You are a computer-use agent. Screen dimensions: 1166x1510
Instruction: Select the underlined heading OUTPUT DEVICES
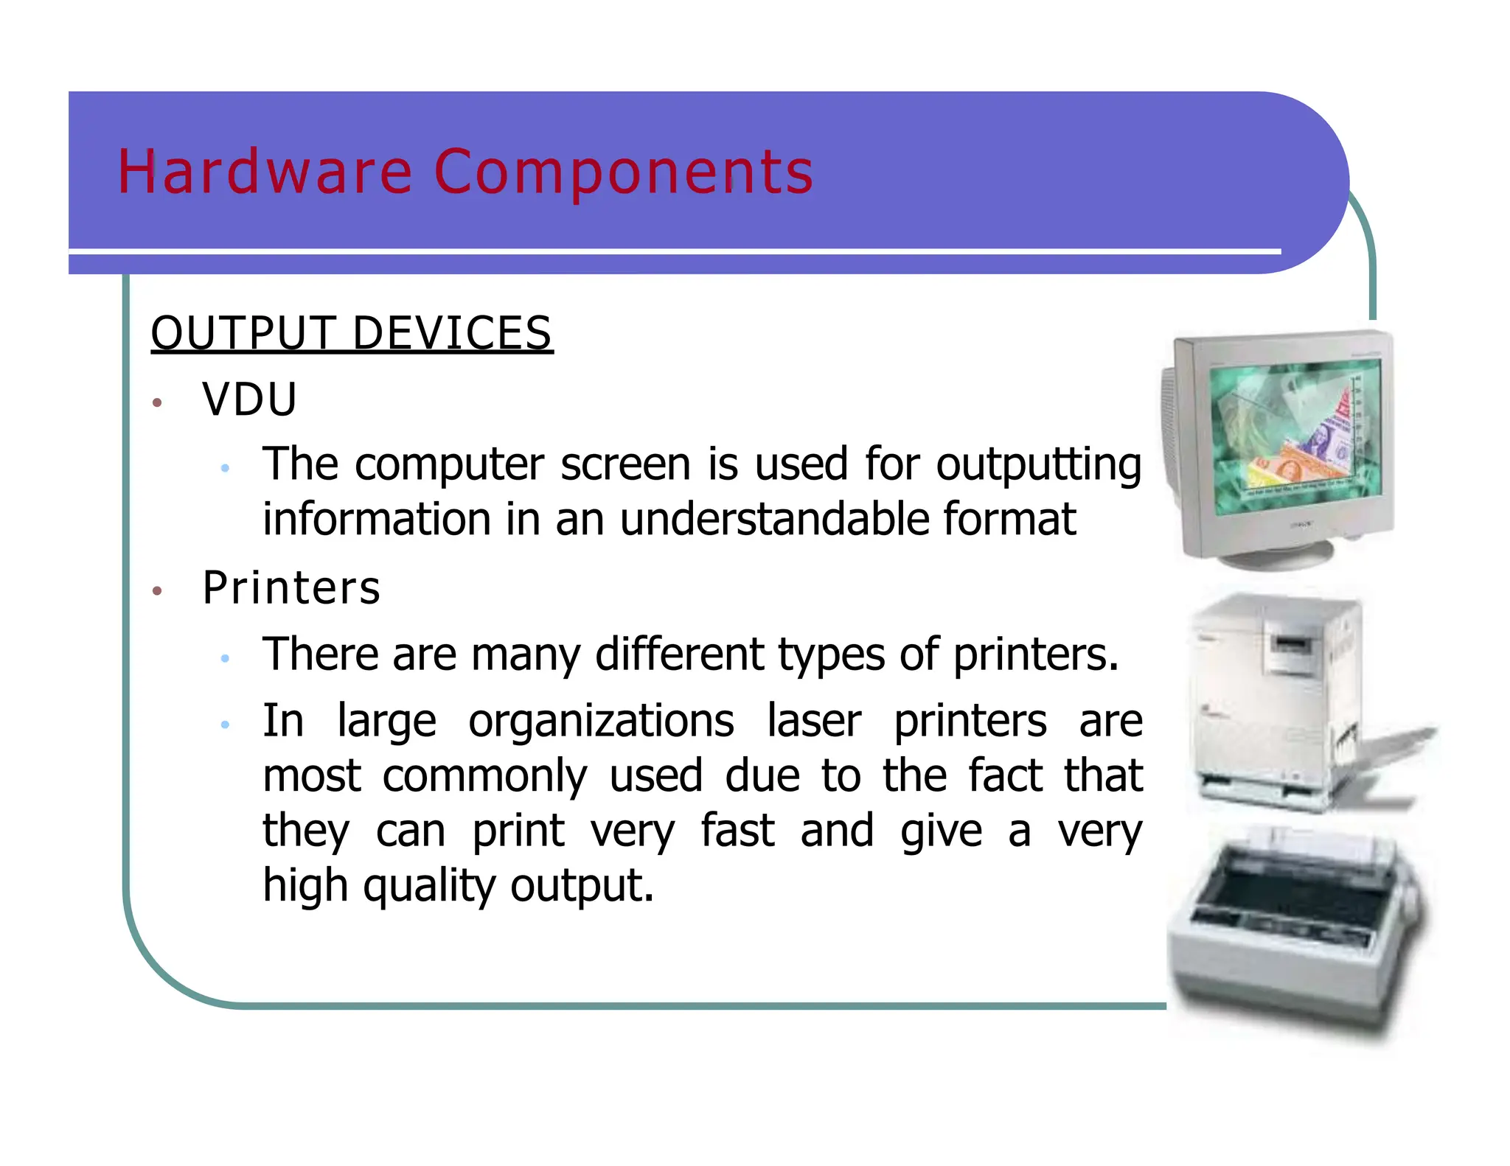(351, 333)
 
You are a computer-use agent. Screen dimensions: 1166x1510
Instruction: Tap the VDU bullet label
(249, 399)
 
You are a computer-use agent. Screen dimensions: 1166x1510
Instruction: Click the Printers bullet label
(291, 588)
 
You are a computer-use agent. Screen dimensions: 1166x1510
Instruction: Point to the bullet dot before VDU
(156, 402)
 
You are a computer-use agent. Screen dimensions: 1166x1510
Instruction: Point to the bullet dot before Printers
(156, 591)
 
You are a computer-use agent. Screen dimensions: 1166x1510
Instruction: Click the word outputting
(1038, 465)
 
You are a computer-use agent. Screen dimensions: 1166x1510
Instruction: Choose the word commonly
(484, 775)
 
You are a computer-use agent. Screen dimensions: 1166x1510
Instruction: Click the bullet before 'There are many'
(226, 657)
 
